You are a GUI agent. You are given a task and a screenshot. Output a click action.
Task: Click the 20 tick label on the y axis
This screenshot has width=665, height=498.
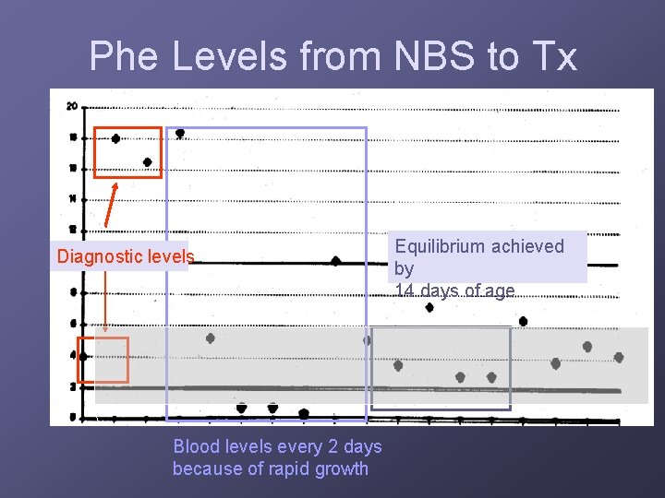click(71, 106)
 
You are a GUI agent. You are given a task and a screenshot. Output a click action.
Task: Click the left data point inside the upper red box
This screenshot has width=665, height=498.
click(115, 139)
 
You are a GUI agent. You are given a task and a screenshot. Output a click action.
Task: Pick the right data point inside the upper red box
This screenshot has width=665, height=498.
click(148, 162)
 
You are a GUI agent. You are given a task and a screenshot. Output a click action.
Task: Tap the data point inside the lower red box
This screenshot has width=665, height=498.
click(84, 356)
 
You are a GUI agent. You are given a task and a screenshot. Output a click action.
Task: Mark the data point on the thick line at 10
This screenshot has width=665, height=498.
click(335, 261)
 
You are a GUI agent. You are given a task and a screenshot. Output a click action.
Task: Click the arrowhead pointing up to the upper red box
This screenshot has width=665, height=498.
click(115, 184)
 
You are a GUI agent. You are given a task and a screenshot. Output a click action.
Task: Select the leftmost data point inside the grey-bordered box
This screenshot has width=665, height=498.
click(398, 365)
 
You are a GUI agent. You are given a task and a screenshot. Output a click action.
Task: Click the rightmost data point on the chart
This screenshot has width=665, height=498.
click(618, 357)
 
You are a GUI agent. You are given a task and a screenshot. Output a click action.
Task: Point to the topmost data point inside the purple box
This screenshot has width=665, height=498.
click(180, 133)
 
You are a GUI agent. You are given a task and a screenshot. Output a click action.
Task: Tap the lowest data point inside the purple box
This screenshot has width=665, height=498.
click(304, 413)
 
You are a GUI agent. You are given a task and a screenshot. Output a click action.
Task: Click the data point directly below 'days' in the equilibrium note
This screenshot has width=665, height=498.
click(429, 308)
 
